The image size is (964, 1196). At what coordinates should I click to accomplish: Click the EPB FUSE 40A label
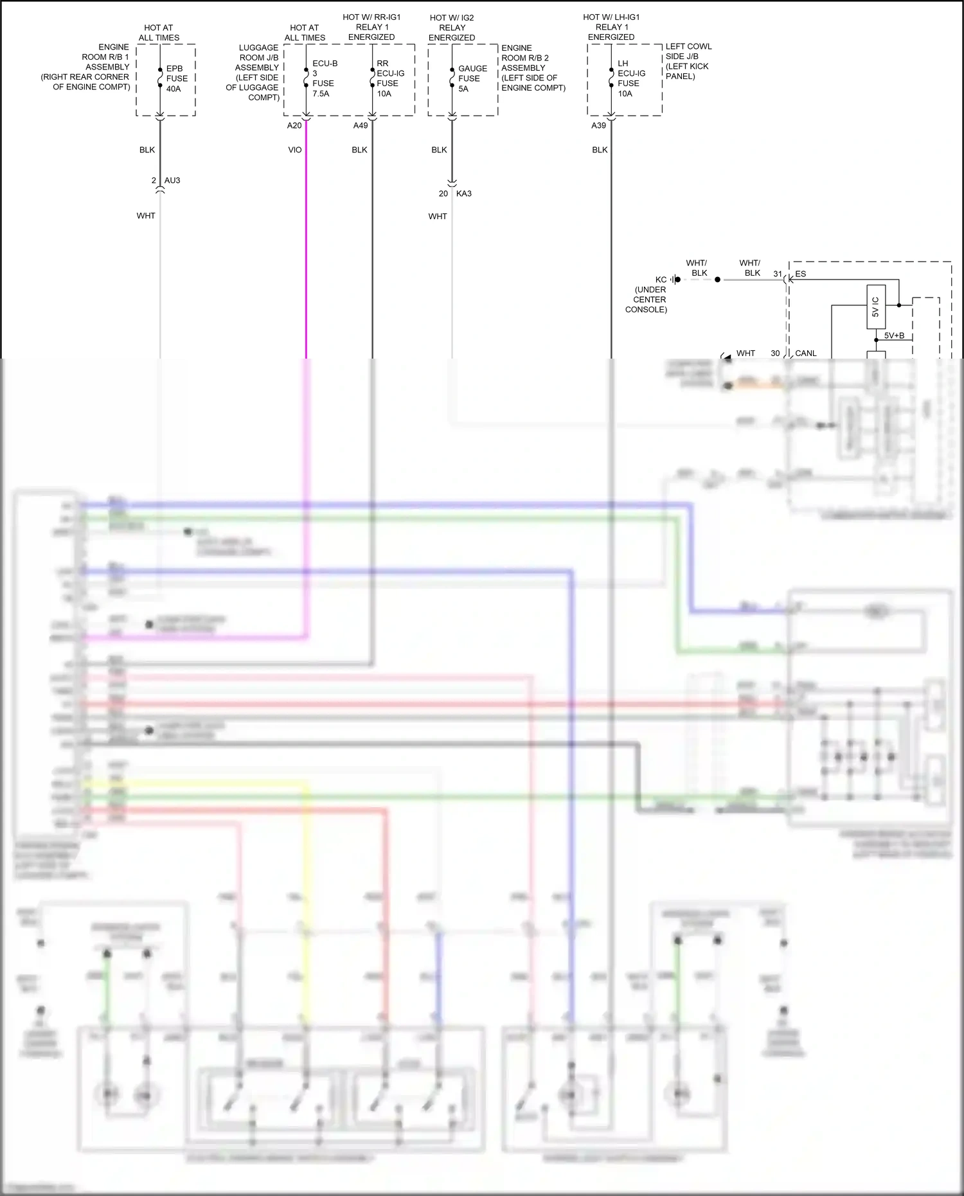pyautogui.click(x=176, y=78)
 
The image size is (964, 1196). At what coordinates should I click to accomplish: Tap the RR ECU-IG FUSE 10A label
pyautogui.click(x=389, y=78)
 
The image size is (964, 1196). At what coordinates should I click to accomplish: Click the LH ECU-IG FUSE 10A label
pyautogui.click(x=630, y=78)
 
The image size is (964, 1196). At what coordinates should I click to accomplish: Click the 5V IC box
pyautogui.click(x=876, y=307)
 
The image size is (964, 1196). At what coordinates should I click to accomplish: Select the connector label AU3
pyautogui.click(x=172, y=181)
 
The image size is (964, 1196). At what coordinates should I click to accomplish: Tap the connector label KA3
pyautogui.click(x=464, y=193)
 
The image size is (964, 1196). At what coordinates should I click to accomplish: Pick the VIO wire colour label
pyautogui.click(x=295, y=150)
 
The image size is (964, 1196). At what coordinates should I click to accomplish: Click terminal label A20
pyautogui.click(x=294, y=125)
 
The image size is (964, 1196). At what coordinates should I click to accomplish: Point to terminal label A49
pyautogui.click(x=361, y=125)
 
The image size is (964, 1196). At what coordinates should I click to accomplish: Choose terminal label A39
pyautogui.click(x=598, y=125)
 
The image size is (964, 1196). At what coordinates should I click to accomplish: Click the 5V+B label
pyautogui.click(x=894, y=335)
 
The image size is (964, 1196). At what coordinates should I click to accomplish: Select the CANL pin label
pyautogui.click(x=806, y=353)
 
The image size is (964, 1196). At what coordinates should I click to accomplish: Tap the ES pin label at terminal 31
pyautogui.click(x=801, y=274)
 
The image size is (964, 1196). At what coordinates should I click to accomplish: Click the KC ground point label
pyautogui.click(x=661, y=280)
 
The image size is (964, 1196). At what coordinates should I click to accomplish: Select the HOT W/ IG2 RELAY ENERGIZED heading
pyautogui.click(x=452, y=28)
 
